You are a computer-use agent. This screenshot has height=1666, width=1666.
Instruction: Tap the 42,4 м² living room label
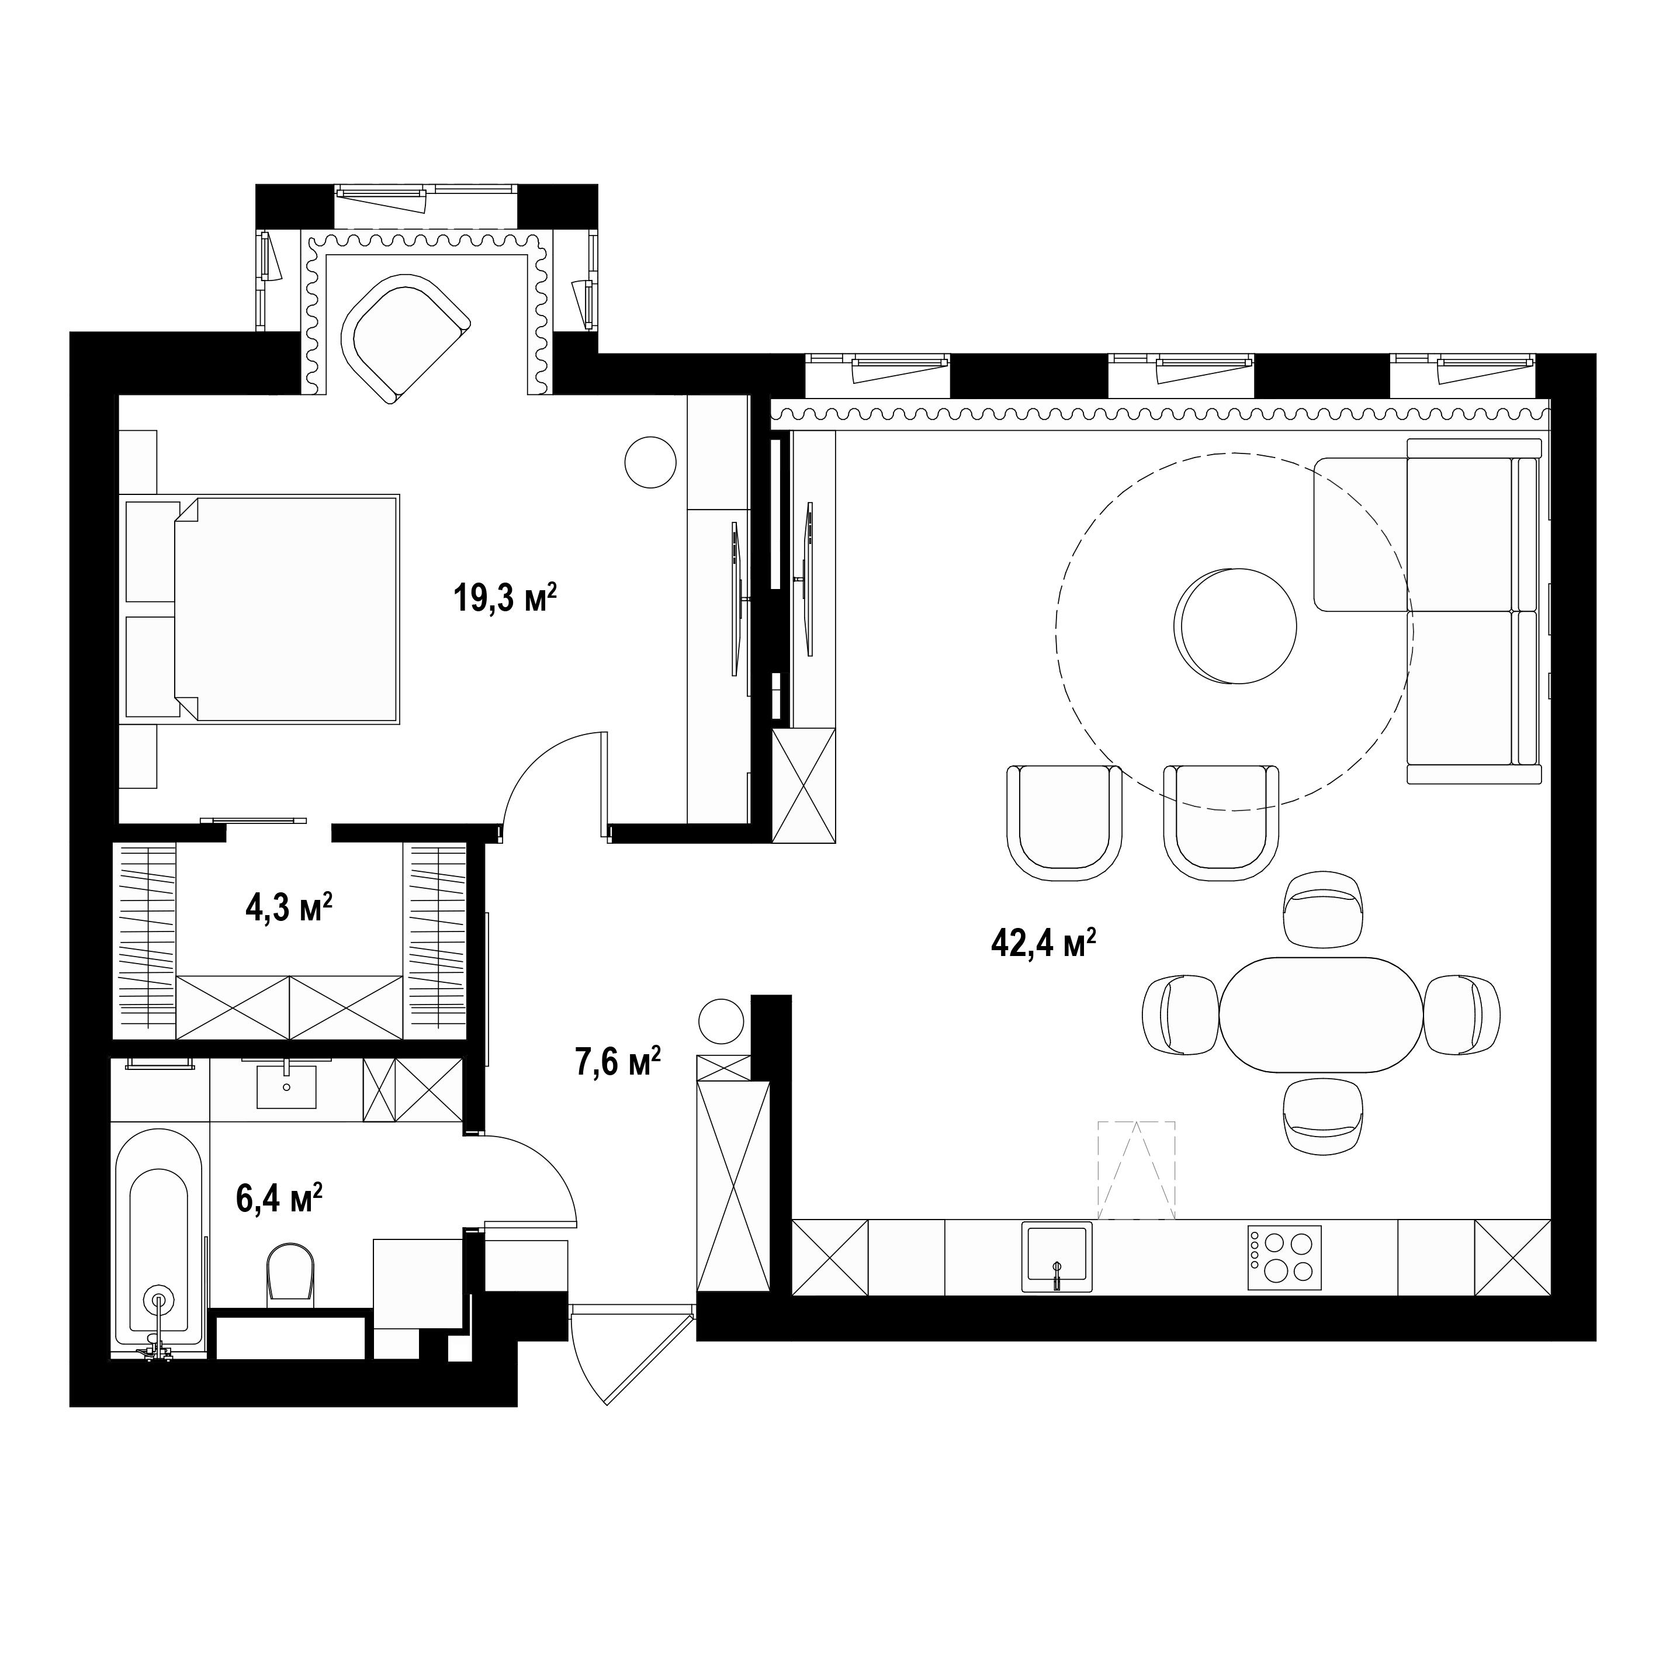point(1044,943)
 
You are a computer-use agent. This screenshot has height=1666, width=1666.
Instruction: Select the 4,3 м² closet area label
point(289,908)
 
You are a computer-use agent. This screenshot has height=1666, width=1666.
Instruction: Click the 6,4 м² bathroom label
point(279,1198)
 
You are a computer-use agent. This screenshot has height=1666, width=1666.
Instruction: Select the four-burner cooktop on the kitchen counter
point(1284,1258)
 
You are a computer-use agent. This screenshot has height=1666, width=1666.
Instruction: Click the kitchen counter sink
point(1057,1256)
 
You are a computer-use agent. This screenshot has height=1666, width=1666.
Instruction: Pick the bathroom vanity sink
point(286,1086)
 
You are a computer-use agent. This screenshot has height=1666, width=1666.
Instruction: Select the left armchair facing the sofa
point(1064,822)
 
